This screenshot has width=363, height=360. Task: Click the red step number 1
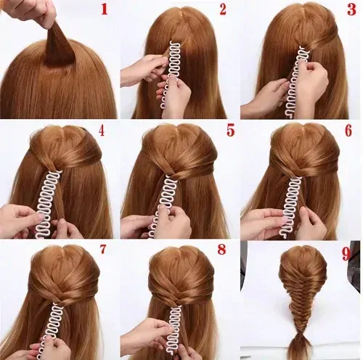pyautogui.click(x=105, y=9)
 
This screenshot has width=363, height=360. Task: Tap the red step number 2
pyautogui.click(x=223, y=9)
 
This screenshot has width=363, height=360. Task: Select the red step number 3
pyautogui.click(x=351, y=9)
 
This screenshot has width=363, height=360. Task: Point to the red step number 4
pyautogui.click(x=102, y=131)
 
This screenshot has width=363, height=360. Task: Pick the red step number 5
pyautogui.click(x=230, y=130)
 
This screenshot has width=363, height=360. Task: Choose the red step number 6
pyautogui.click(x=348, y=131)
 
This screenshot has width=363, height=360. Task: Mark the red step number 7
pyautogui.click(x=103, y=249)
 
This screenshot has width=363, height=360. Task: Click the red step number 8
pyautogui.click(x=221, y=250)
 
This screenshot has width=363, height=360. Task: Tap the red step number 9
pyautogui.click(x=346, y=254)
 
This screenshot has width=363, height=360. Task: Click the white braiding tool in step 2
pyautogui.click(x=171, y=73)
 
